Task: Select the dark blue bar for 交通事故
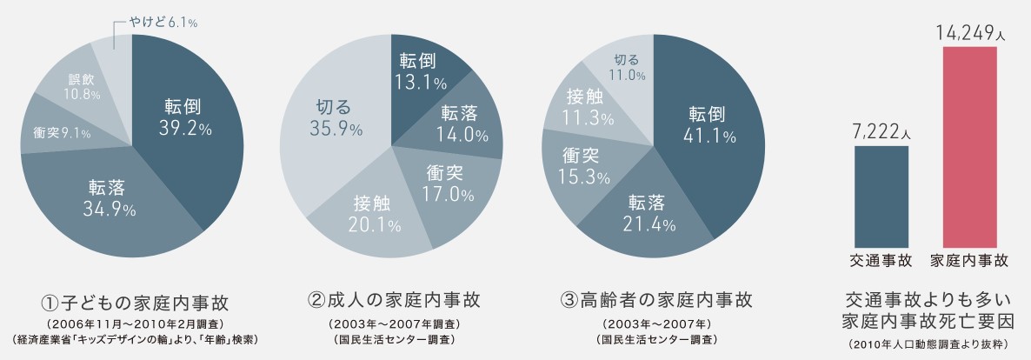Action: (881, 196)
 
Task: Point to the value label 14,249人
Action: (969, 34)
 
